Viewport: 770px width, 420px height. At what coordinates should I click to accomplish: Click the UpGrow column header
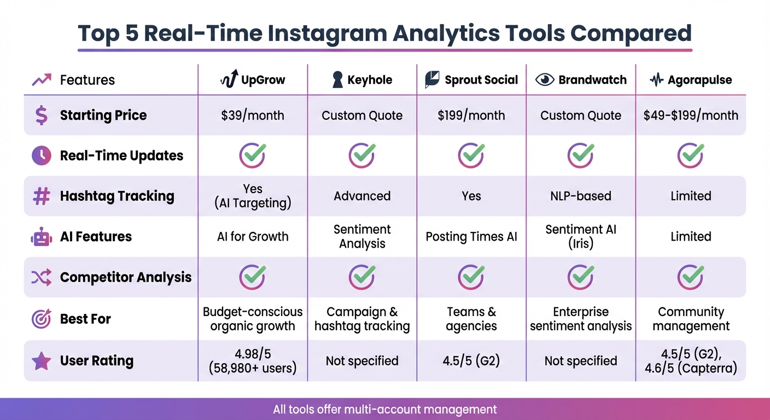[253, 80]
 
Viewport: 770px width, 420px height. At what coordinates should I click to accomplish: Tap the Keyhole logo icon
[338, 80]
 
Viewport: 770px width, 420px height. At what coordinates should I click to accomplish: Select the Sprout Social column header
[471, 80]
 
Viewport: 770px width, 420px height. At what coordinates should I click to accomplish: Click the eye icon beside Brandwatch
[545, 80]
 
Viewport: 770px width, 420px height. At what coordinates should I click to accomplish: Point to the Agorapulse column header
[691, 80]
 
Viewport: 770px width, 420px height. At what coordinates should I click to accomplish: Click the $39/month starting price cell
[253, 115]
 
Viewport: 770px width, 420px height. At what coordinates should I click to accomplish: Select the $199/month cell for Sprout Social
[471, 115]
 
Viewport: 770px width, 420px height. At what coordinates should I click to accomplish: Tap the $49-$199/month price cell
[691, 115]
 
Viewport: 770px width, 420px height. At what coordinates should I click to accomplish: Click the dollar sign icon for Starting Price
[42, 115]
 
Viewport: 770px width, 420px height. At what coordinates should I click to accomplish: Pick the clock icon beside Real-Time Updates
[42, 156]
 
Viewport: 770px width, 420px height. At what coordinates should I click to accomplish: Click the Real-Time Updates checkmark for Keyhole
[362, 156]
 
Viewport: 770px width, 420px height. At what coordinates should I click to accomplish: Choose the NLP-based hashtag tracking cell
[581, 196]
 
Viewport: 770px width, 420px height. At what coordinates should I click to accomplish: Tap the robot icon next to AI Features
[42, 237]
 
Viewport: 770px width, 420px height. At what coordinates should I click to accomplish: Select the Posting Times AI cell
[471, 237]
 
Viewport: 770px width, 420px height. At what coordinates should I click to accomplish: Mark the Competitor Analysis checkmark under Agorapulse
[691, 277]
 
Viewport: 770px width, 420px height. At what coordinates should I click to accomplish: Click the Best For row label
[85, 319]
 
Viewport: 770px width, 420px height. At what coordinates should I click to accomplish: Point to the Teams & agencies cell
[471, 319]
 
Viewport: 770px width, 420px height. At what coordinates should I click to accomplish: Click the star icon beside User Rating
[42, 361]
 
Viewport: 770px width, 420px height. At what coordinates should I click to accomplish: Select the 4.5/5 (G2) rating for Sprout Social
[471, 361]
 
